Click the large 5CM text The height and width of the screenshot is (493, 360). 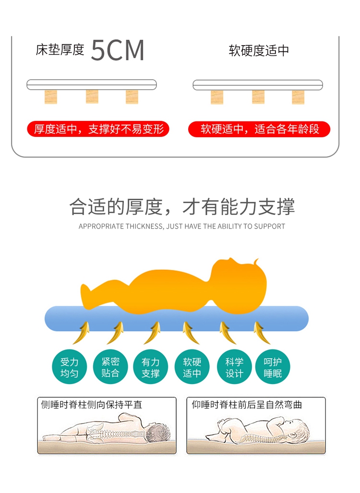pyautogui.click(x=118, y=50)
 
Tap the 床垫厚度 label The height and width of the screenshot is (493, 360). pyautogui.click(x=60, y=50)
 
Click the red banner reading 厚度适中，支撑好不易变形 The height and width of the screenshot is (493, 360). pyautogui.click(x=98, y=129)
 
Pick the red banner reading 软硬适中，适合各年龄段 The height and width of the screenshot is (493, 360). pyautogui.click(x=259, y=129)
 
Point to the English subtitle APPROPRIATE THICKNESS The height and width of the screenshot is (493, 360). pyautogui.click(x=181, y=226)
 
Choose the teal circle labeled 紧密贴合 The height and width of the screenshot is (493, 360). pyautogui.click(x=110, y=368)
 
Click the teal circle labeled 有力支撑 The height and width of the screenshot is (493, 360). pyautogui.click(x=150, y=368)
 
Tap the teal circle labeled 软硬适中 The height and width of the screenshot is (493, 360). pyautogui.click(x=192, y=368)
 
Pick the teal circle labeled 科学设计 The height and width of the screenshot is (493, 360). pyautogui.click(x=234, y=368)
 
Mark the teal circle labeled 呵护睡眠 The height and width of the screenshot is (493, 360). pyautogui.click(x=273, y=368)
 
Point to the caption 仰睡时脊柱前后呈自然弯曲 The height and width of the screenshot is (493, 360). pyautogui.click(x=247, y=405)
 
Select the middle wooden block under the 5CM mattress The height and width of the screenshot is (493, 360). pyautogui.click(x=92, y=96)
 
